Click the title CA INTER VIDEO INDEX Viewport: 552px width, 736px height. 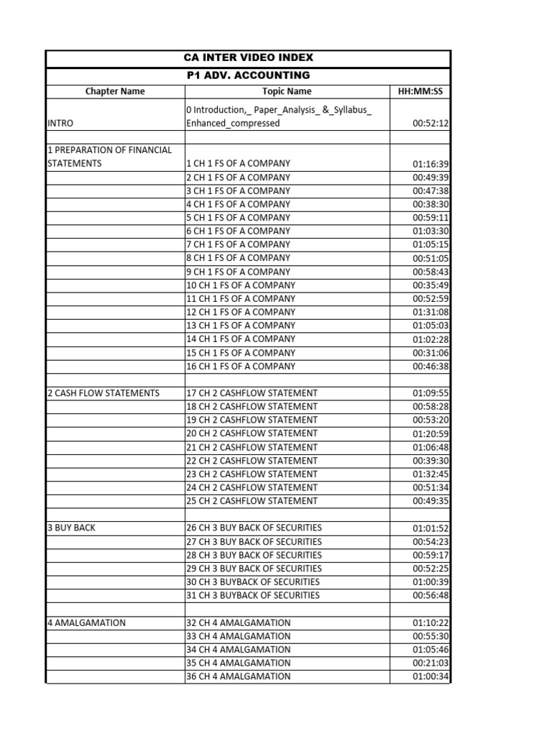[x=248, y=57]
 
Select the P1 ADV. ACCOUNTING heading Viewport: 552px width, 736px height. [x=248, y=75]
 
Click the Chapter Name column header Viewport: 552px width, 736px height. [x=115, y=91]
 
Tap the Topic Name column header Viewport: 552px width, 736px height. [x=287, y=91]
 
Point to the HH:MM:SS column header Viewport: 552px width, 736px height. [x=420, y=91]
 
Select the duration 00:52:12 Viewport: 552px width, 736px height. [x=431, y=124]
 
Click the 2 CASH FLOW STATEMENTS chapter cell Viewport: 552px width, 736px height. [x=103, y=393]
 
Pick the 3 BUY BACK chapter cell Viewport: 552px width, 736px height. [x=71, y=528]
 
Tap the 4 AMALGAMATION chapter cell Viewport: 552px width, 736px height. [x=86, y=622]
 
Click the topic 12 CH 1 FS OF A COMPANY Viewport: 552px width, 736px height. [x=241, y=312]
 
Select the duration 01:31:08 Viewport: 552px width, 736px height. [x=431, y=312]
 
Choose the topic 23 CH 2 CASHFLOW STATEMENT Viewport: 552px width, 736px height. [x=252, y=474]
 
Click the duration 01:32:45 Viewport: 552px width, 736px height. [x=431, y=474]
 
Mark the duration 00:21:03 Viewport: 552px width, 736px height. [x=431, y=663]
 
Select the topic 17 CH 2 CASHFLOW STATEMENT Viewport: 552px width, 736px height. [x=252, y=393]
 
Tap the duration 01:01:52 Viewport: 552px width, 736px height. [x=431, y=528]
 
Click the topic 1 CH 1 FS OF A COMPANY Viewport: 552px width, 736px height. [x=238, y=164]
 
